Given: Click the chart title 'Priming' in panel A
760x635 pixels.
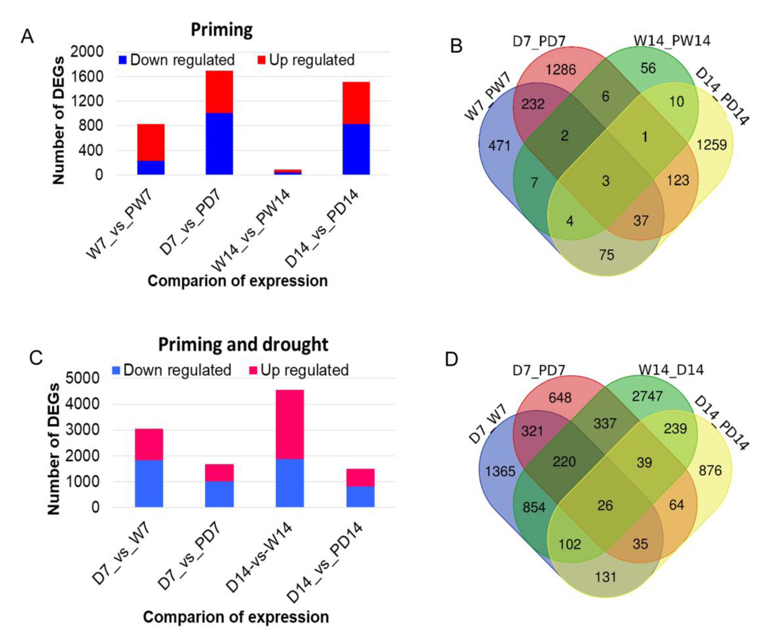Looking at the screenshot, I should (221, 30).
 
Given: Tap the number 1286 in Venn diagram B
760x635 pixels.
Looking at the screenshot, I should (561, 69).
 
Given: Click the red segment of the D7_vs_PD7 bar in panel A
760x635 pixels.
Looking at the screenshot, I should (219, 92).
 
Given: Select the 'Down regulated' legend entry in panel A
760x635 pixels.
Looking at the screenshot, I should (177, 60).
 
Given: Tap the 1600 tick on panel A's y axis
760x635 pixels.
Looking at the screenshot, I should (87, 77).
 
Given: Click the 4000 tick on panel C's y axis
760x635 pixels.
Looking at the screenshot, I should (82, 404).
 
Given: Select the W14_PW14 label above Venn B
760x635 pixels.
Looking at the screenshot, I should (672, 41).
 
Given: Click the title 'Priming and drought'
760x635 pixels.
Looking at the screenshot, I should (243, 345).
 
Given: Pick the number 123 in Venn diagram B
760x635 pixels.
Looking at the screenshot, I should (678, 180).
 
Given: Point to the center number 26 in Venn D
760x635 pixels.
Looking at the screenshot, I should (605, 505).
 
